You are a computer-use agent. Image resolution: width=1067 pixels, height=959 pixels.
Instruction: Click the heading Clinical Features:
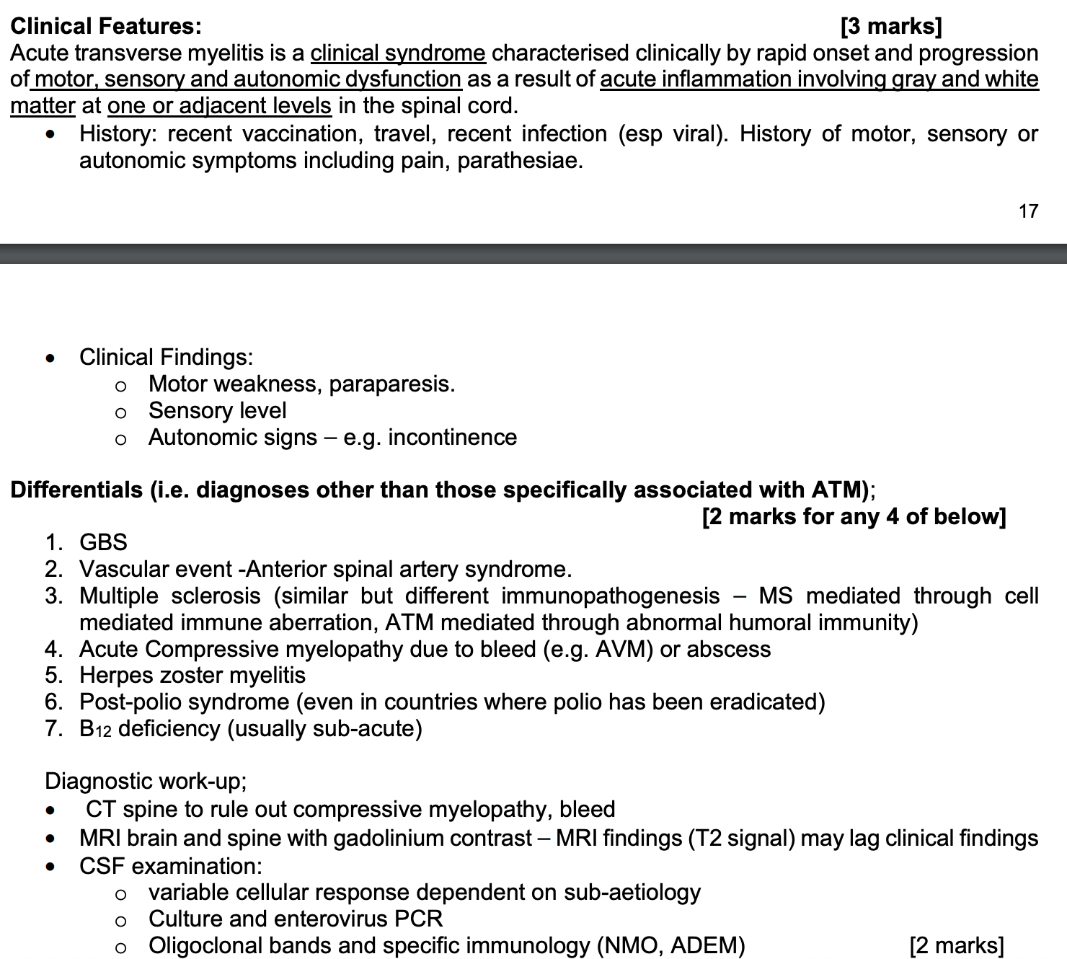(106, 27)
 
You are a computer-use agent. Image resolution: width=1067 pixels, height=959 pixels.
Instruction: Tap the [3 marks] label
(891, 27)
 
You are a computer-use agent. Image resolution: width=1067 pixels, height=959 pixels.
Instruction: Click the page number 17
(1028, 211)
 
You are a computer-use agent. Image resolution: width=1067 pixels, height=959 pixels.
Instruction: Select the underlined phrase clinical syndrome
(398, 53)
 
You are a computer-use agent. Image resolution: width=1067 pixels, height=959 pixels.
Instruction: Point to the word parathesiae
(519, 160)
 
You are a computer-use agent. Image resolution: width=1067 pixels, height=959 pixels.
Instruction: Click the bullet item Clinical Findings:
(166, 357)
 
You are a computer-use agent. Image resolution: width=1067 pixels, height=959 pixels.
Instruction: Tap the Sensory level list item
(217, 410)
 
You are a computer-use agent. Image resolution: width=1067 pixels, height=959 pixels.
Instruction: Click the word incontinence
(452, 437)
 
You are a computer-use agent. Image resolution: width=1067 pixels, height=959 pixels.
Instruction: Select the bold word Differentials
(76, 490)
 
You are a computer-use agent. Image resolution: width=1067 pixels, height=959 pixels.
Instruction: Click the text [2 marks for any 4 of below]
(854, 516)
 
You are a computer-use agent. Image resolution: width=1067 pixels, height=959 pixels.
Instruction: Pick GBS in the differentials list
(103, 542)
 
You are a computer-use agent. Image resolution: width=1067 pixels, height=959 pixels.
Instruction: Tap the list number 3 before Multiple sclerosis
(53, 596)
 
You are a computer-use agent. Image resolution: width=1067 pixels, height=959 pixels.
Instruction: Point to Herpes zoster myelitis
(192, 675)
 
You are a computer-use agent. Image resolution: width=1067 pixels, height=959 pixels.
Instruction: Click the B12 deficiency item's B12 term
(95, 729)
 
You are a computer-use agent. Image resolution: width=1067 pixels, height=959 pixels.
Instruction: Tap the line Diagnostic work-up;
(146, 781)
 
